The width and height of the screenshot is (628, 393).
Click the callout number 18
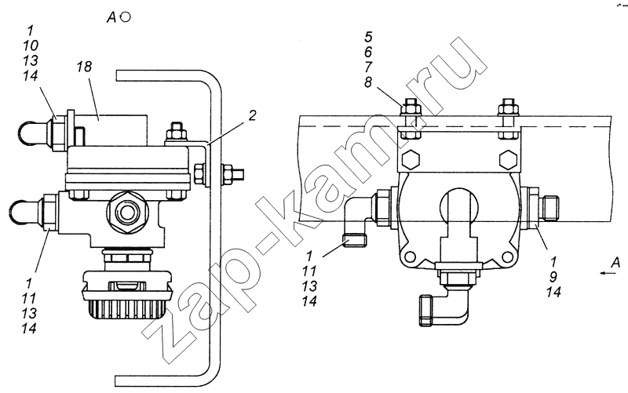[x=85, y=67]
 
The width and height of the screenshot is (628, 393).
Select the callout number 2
[x=252, y=115]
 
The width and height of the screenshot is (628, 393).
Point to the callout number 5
[x=368, y=37]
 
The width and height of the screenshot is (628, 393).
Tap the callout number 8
[x=368, y=82]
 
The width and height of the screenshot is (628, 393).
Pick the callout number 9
[x=553, y=277]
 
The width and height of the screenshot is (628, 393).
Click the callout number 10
[x=31, y=45]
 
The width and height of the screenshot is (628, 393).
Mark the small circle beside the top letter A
[x=126, y=17]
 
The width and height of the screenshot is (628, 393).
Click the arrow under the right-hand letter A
[x=608, y=273]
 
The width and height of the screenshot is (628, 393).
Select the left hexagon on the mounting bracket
[x=410, y=160]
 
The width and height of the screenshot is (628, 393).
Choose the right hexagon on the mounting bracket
[x=509, y=160]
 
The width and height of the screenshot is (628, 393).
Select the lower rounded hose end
[x=24, y=210]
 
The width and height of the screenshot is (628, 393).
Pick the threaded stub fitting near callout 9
[x=548, y=207]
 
